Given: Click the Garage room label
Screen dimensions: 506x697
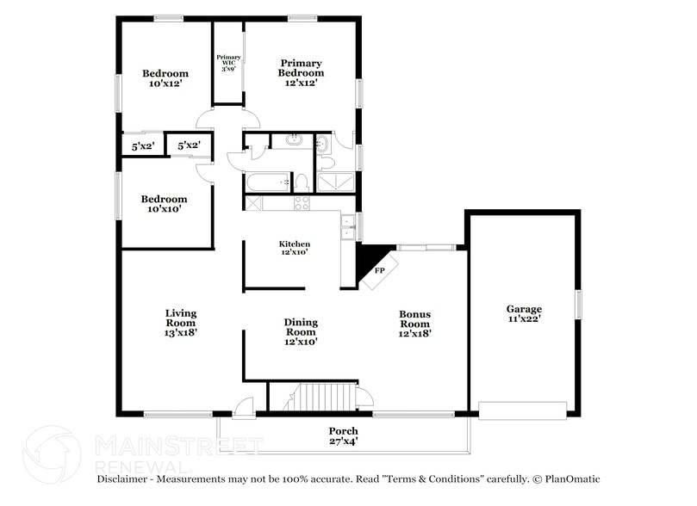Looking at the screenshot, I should click(x=523, y=313).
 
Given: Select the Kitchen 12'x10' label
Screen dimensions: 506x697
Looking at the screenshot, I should click(x=294, y=248).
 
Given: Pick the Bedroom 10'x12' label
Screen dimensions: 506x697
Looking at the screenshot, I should click(x=165, y=79).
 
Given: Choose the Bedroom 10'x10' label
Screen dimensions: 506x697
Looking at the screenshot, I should click(x=164, y=204).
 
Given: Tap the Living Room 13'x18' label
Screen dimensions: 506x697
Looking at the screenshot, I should click(x=181, y=322).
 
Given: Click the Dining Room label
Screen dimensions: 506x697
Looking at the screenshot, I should click(x=301, y=331).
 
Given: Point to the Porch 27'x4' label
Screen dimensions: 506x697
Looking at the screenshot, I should click(x=343, y=436).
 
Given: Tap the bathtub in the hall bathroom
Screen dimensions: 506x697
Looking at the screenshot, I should click(x=268, y=182).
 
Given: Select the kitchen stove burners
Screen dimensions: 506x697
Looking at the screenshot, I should click(x=302, y=203).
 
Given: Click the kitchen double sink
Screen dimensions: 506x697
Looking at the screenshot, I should click(x=348, y=226).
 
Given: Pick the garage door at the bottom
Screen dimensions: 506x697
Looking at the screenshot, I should click(x=523, y=410).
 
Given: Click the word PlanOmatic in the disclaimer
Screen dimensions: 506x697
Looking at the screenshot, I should click(x=567, y=479).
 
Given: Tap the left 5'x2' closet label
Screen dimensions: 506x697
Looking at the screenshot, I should click(x=142, y=146).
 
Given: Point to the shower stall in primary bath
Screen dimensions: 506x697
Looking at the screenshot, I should click(x=334, y=181).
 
